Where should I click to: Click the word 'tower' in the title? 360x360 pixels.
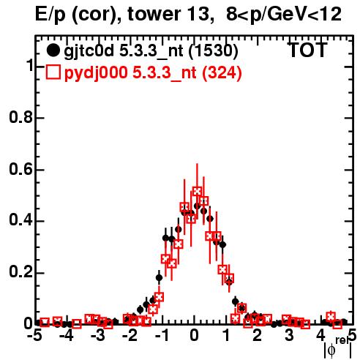point(152,14)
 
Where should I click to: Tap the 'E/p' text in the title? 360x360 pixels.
point(50,15)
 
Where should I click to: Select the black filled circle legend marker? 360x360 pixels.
point(53,50)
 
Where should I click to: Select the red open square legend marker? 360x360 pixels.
point(53,72)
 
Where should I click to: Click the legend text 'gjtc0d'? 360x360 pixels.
point(89,52)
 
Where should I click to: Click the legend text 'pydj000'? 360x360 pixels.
point(96,73)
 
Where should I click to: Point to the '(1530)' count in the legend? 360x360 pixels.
point(213,51)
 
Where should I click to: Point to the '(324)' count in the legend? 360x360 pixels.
point(222,72)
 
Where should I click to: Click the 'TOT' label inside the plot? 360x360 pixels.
point(308,50)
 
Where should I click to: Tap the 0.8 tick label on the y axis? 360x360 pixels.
point(20,118)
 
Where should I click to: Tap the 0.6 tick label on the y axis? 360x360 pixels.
point(20,169)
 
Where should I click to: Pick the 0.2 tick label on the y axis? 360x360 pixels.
point(20,273)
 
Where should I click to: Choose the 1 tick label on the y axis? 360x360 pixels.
point(30,66)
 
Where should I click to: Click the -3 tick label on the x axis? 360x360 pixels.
point(98,336)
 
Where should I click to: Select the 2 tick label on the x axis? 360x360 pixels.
point(258,336)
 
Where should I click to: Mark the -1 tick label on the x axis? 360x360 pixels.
point(162,336)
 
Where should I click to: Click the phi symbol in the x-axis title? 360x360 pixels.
point(331,351)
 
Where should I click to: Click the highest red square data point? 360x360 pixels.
point(197,191)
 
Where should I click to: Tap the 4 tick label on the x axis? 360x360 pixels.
point(321,336)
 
